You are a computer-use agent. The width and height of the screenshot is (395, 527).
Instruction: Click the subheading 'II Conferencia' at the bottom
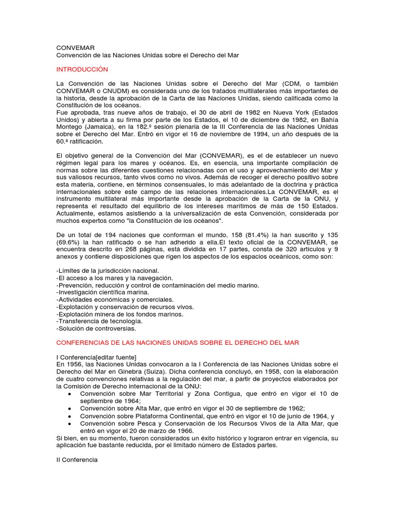(77, 459)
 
